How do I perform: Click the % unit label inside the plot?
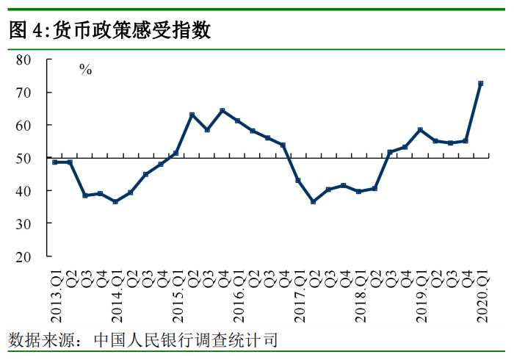pyautogui.click(x=86, y=71)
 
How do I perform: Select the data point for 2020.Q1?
pyautogui.click(x=480, y=84)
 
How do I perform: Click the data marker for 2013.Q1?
pyautogui.click(x=55, y=162)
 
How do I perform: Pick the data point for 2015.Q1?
pyautogui.click(x=176, y=153)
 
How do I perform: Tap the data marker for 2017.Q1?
pyautogui.click(x=298, y=180)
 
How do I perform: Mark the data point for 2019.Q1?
pyautogui.click(x=420, y=130)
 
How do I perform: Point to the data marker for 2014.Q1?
pyautogui.click(x=115, y=201)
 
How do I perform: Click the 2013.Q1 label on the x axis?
pyautogui.click(x=56, y=295)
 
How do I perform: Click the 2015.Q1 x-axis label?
pyautogui.click(x=177, y=295)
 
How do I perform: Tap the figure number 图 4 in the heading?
pyautogui.click(x=25, y=30)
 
